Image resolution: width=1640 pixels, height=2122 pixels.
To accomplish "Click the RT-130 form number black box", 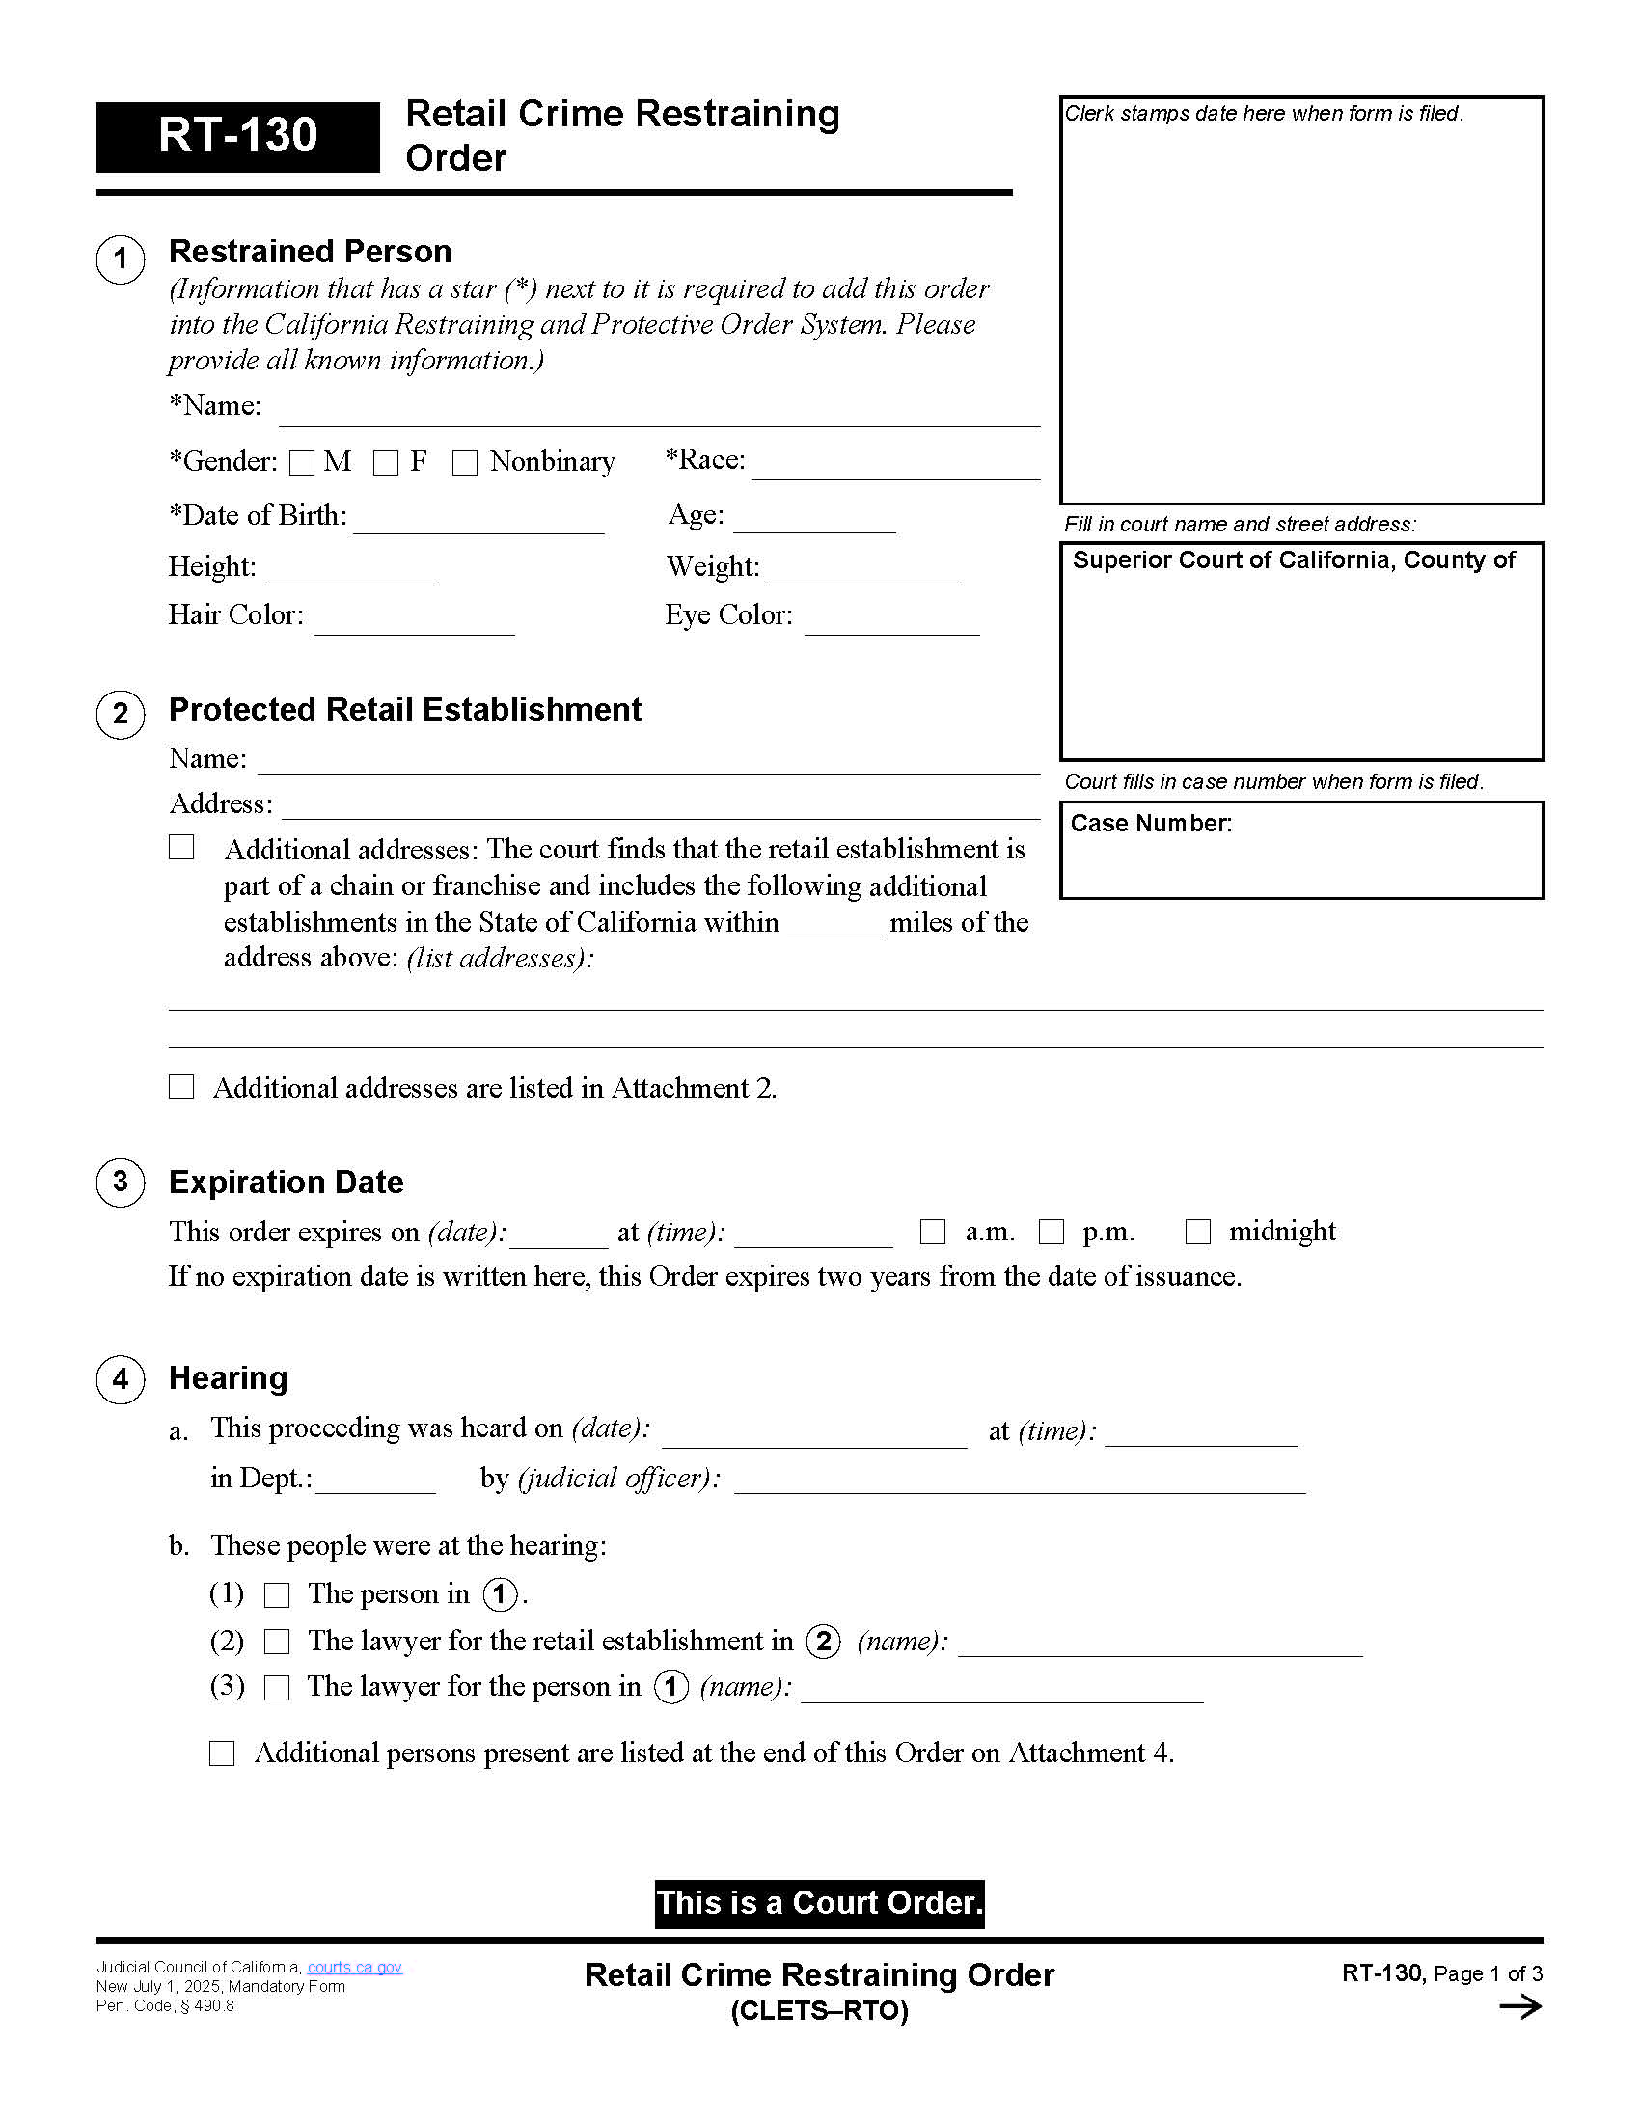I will (237, 136).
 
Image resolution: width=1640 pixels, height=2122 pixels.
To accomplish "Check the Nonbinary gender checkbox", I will (465, 463).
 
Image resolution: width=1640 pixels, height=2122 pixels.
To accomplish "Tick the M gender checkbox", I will (302, 463).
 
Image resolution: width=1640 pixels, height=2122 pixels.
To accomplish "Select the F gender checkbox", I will (386, 463).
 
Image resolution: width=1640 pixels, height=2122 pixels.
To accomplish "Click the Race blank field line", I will (895, 469).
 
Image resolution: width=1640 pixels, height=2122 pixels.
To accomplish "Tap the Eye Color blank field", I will (891, 624).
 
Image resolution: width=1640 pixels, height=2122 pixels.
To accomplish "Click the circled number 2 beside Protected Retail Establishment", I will (121, 714).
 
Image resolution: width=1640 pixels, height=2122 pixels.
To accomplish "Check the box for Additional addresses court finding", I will (181, 847).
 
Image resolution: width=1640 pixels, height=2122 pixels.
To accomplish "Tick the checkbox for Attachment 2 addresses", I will (181, 1086).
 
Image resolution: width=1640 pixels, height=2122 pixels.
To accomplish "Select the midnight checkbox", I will (1198, 1232).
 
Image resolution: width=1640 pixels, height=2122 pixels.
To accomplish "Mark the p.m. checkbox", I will (1052, 1232).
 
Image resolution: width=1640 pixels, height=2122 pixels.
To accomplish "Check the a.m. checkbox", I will (933, 1232).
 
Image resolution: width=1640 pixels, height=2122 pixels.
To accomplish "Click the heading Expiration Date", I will (286, 1183).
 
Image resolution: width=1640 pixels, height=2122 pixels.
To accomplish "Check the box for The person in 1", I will (278, 1595).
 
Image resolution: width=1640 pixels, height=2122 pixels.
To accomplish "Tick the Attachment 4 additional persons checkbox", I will (223, 1754).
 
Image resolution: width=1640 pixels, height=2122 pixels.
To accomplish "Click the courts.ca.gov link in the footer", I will (355, 1968).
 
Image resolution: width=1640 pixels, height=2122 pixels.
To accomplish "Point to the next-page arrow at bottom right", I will (1519, 2007).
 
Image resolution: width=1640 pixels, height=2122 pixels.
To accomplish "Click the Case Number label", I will (1150, 824).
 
